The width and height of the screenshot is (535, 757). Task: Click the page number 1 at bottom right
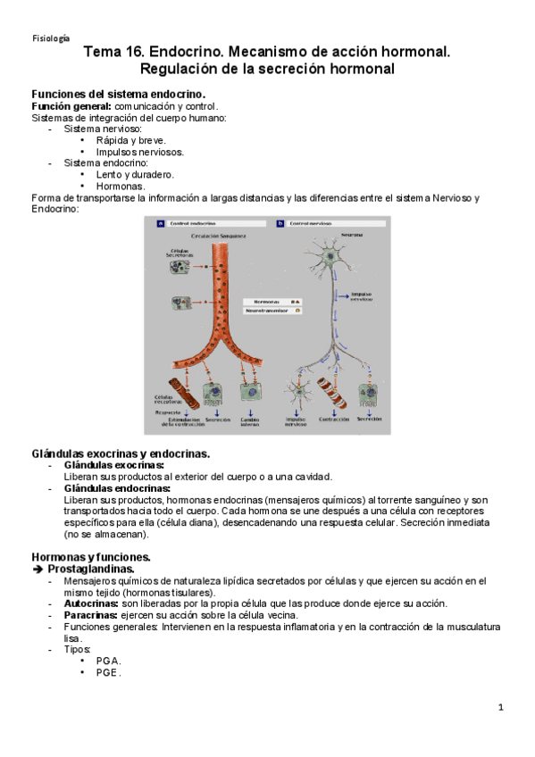pyautogui.click(x=502, y=708)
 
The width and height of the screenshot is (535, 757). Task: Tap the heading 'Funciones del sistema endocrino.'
pyautogui.click(x=118, y=94)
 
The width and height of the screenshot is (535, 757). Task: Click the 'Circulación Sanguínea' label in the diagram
pyautogui.click(x=213, y=237)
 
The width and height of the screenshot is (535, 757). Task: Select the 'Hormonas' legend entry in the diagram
pyautogui.click(x=268, y=302)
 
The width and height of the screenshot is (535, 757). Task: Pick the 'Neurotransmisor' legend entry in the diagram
pyautogui.click(x=270, y=312)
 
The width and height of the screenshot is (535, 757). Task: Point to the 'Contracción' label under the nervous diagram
pyautogui.click(x=333, y=419)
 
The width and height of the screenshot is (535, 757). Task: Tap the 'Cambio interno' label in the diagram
pyautogui.click(x=249, y=421)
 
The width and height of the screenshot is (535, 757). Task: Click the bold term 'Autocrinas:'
pyautogui.click(x=91, y=603)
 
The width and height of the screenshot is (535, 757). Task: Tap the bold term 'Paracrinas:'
pyautogui.click(x=91, y=615)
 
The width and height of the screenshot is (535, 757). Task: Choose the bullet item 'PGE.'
pyautogui.click(x=108, y=673)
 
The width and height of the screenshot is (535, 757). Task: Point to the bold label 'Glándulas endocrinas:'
pyautogui.click(x=116, y=488)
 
